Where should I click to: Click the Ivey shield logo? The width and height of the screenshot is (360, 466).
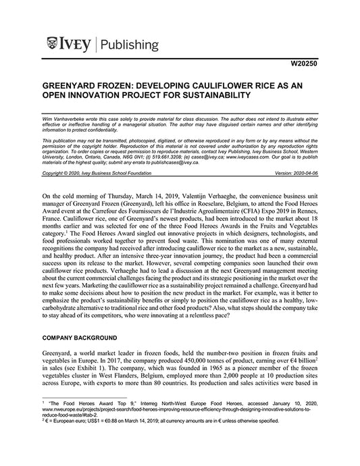point(52,45)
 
